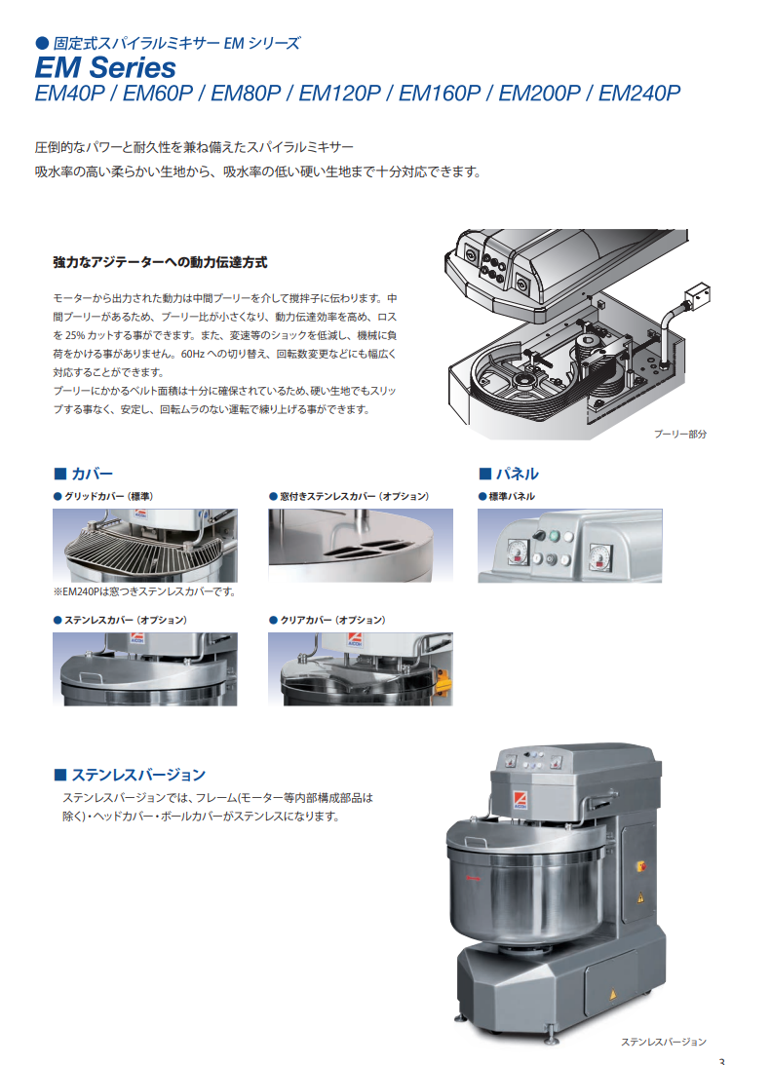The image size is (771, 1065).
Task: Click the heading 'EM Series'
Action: (105, 67)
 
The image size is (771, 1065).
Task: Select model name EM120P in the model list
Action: (339, 93)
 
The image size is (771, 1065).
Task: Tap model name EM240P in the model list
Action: (638, 93)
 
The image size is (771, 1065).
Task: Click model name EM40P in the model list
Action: (69, 93)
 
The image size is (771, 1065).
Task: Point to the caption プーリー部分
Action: (679, 434)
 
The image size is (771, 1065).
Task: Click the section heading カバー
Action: (92, 474)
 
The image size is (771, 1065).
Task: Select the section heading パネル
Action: (517, 474)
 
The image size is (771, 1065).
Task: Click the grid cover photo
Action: (144, 546)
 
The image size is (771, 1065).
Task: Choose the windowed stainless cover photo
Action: (361, 546)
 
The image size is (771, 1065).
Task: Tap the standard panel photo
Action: (570, 546)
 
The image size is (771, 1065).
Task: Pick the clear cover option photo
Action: (361, 669)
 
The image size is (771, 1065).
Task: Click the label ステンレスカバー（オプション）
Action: (126, 620)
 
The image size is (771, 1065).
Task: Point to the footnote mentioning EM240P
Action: (144, 591)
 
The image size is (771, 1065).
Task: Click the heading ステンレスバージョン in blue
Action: (137, 775)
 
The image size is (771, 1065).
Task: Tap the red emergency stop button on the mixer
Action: (639, 866)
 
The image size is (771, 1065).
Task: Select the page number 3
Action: (721, 1061)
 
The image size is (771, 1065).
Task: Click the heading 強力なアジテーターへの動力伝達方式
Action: (160, 262)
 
